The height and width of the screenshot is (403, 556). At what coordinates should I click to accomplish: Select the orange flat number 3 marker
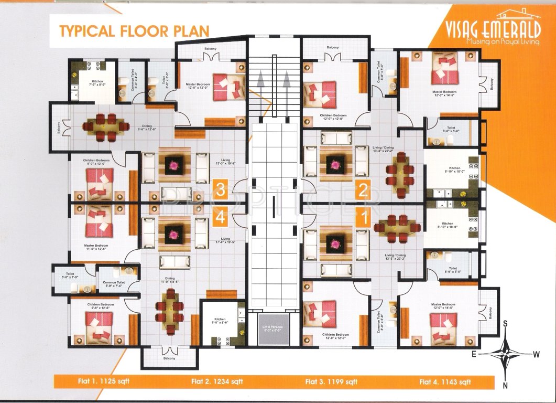220,189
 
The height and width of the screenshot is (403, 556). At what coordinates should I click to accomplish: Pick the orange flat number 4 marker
220,217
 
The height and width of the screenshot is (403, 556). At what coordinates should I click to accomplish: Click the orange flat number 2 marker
362,189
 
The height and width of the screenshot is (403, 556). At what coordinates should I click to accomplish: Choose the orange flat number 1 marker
362,217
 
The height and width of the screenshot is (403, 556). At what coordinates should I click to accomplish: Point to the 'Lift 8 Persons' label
272,328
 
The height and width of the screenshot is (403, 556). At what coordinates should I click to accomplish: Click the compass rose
505,354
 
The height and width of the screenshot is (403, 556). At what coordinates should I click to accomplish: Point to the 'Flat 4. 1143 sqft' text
445,381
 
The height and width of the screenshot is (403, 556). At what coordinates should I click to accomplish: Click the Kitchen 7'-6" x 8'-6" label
97,83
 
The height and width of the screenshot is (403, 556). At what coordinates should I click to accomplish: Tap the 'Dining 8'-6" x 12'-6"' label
147,128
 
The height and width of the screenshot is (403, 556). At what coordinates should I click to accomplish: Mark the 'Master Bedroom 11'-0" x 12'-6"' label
96,247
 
